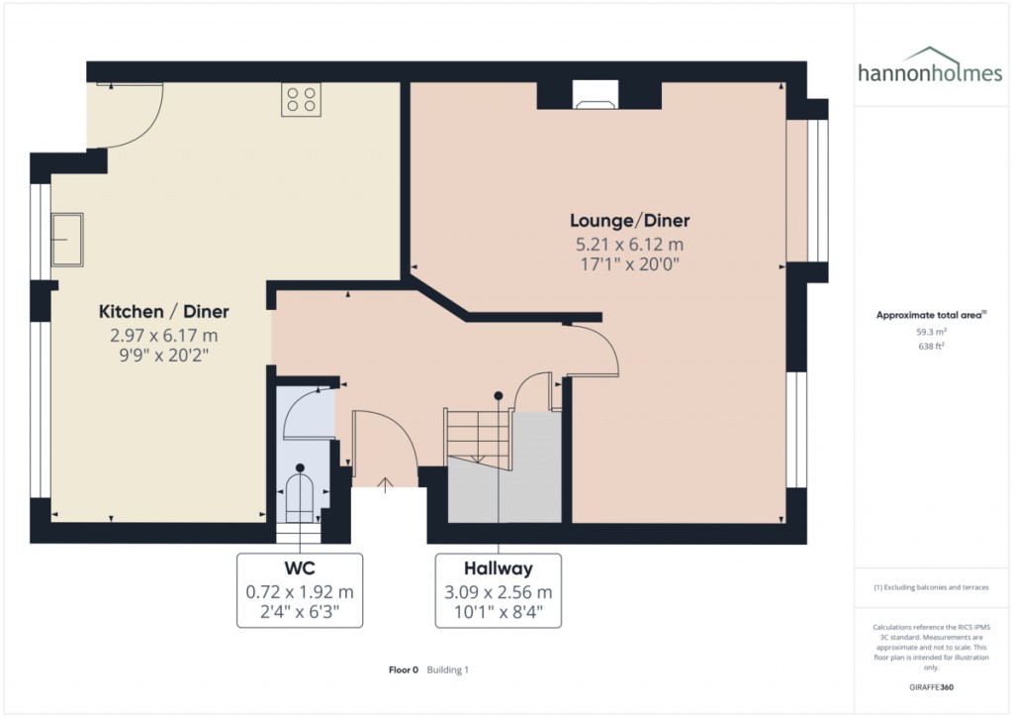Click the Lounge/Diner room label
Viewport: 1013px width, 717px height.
(630, 220)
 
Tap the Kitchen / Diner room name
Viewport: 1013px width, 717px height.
(164, 312)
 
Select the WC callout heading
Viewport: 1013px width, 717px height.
(300, 568)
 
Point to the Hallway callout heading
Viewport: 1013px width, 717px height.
(499, 568)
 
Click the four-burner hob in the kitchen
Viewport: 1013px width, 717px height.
(301, 99)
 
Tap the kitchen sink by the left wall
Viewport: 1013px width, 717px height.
(67, 240)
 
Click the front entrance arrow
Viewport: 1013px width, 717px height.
(384, 483)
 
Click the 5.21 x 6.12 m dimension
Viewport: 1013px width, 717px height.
(630, 244)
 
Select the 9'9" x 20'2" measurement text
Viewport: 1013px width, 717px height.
(164, 355)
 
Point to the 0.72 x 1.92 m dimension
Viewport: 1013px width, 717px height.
(300, 592)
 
